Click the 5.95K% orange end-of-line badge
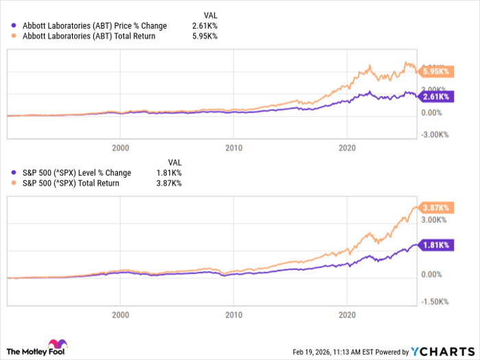pos(435,71)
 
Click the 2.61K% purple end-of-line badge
pos(435,97)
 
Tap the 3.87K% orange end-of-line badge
pos(435,207)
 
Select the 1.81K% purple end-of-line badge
pos(435,245)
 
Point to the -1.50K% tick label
pos(435,301)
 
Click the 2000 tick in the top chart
pos(120,147)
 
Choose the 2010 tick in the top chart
pos(234,147)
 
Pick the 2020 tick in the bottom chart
pos(348,315)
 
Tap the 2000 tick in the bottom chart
pos(120,315)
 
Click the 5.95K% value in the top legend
pos(205,36)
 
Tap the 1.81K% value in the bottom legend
pos(169,173)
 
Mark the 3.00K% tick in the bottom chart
pos(435,219)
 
